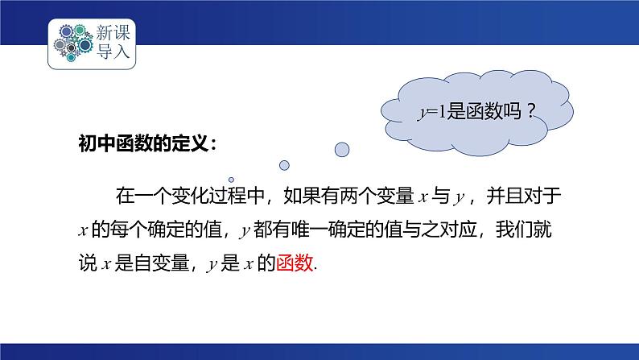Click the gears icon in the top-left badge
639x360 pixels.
[x=72, y=43]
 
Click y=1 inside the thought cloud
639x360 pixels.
[x=426, y=113]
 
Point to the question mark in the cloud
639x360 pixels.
[x=530, y=113]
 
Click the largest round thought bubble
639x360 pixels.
[x=341, y=149]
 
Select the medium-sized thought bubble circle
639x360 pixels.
[x=283, y=165]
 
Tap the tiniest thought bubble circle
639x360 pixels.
[x=231, y=180]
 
